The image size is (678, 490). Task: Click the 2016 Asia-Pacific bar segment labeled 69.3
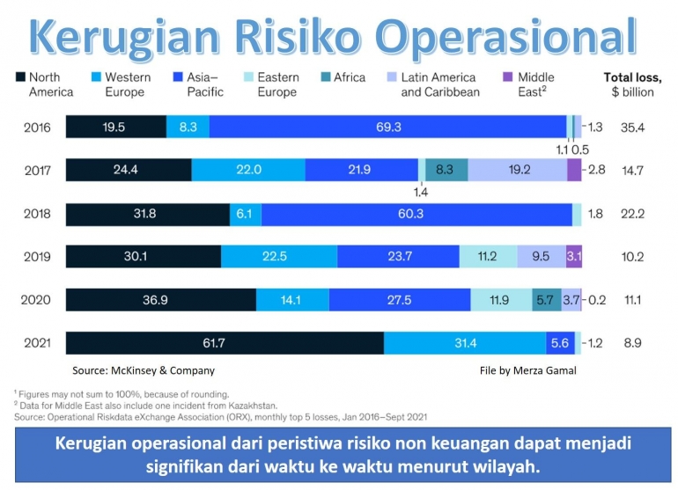pos(387,128)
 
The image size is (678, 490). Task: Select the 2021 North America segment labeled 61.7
pos(225,343)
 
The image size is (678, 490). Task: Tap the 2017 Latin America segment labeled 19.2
pos(517,170)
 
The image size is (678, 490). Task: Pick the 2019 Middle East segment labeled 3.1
pos(574,257)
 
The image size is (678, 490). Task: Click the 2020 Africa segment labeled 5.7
pos(545,300)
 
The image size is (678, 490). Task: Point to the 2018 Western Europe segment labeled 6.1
pos(245,214)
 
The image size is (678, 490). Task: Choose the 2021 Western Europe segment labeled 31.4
pos(464,343)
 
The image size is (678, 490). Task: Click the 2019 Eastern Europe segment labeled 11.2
pos(488,257)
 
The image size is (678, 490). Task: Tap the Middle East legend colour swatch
pos(506,77)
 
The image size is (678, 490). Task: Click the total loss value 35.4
pos(633,128)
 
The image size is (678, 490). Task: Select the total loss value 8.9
pos(633,343)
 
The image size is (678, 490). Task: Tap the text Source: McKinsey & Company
pos(143,370)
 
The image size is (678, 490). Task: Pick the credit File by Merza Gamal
pos(528,370)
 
